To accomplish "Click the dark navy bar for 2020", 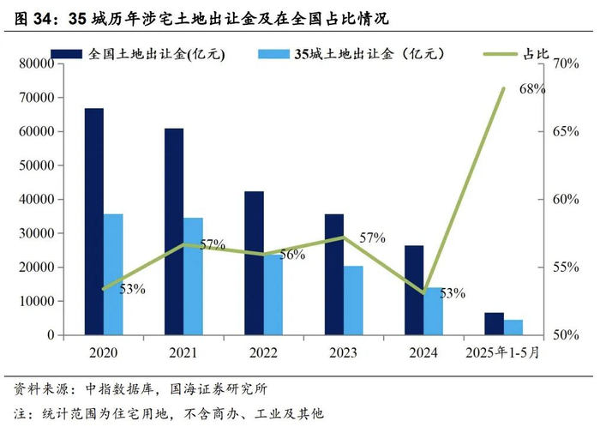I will tap(93, 221).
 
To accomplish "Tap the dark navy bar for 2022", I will tap(254, 262).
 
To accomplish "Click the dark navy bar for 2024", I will tap(414, 290).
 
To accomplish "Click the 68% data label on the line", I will tap(531, 88).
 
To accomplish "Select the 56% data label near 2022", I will tap(291, 255).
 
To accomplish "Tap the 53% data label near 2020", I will tap(132, 289).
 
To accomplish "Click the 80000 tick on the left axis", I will tap(37, 63).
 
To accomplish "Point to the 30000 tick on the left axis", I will tap(37, 233).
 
